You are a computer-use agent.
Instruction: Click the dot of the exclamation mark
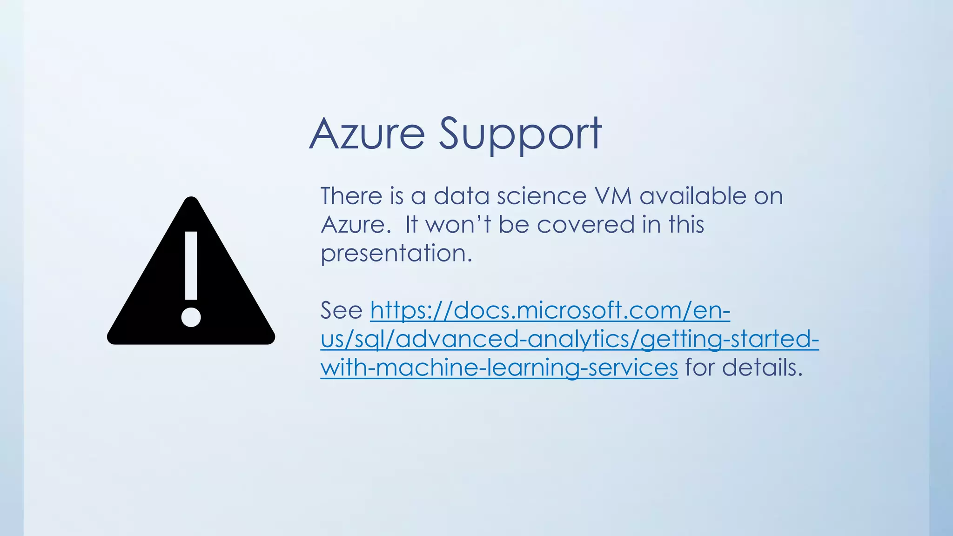pyautogui.click(x=191, y=317)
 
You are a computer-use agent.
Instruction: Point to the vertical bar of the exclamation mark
pyautogui.click(x=191, y=265)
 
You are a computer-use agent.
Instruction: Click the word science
pyautogui.click(x=542, y=196)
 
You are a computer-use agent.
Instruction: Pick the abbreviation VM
pyautogui.click(x=613, y=196)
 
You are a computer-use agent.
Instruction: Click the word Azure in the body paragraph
pyautogui.click(x=353, y=225)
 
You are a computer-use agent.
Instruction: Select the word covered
pyautogui.click(x=586, y=225)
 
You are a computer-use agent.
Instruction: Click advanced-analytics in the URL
pyautogui.click(x=512, y=339)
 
